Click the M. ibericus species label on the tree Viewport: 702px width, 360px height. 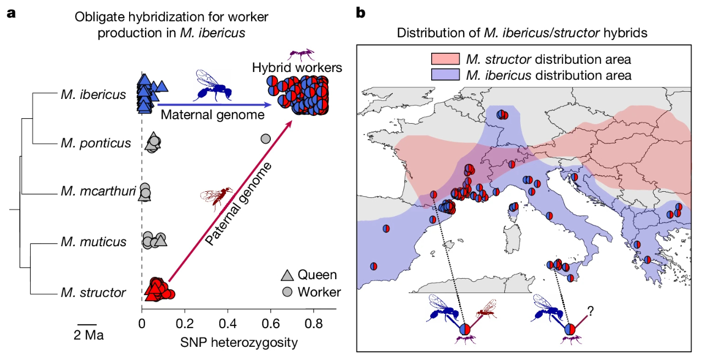click(x=93, y=95)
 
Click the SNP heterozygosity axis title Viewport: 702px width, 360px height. click(x=239, y=343)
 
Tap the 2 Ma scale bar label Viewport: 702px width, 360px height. click(x=88, y=334)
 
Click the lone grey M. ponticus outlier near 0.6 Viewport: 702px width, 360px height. click(x=265, y=138)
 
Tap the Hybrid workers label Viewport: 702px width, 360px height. click(x=297, y=68)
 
